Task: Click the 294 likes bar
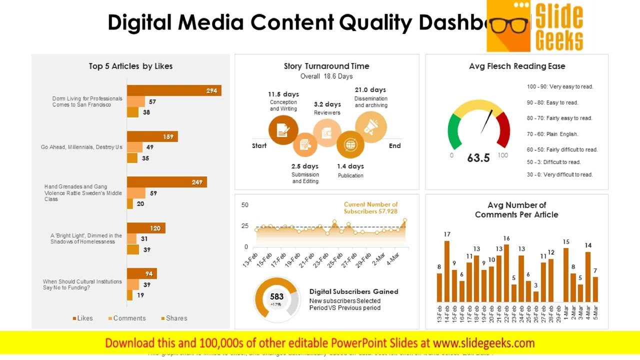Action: tap(173, 90)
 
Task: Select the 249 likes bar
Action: tap(166, 182)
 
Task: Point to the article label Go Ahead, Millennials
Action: tap(81, 147)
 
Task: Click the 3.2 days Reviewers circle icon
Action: tap(327, 133)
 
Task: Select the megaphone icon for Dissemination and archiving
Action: tap(371, 127)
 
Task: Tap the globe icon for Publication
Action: tap(350, 145)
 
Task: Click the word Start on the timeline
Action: tap(259, 146)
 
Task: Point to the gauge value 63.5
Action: tap(478, 158)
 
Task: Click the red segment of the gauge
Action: tap(503, 128)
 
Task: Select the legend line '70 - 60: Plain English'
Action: tap(552, 134)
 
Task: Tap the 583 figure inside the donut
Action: tap(276, 296)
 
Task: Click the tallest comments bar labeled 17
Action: tap(447, 271)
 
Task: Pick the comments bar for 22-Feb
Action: tap(506, 273)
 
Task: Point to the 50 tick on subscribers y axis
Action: tap(245, 205)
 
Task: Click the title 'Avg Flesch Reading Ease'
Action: tap(517, 66)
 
